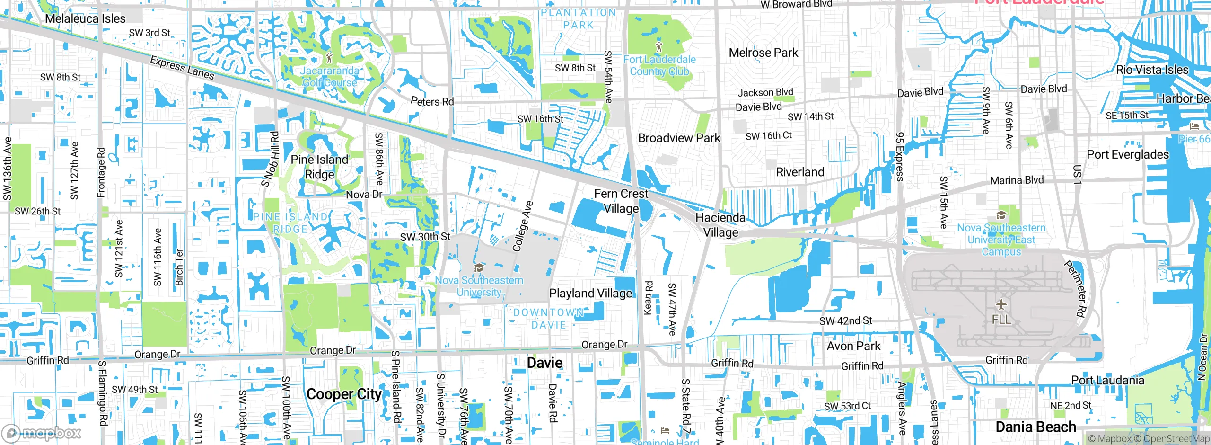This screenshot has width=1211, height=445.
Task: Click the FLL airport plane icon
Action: click(1001, 304)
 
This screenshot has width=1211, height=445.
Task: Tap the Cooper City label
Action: click(344, 394)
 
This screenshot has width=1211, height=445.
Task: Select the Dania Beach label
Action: click(1035, 427)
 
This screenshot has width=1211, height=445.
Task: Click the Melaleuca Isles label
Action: click(85, 18)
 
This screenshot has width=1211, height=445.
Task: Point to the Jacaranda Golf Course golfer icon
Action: click(330, 58)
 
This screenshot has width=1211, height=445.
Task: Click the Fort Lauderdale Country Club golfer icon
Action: click(659, 47)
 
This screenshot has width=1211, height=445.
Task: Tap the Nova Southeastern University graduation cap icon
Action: click(479, 268)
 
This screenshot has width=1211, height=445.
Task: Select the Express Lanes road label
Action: click(182, 68)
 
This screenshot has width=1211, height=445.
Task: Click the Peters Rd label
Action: click(432, 101)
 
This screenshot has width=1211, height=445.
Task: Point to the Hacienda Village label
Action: click(720, 225)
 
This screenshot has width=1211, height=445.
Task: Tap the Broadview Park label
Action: click(679, 138)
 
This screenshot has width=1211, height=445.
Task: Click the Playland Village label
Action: click(590, 294)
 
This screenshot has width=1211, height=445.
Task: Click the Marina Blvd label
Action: click(1017, 180)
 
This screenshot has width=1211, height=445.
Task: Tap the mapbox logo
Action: click(42, 433)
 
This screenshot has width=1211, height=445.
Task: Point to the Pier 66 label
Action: click(1193, 139)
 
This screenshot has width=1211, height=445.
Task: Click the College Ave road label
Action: click(523, 226)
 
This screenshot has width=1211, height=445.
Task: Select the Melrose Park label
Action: click(763, 53)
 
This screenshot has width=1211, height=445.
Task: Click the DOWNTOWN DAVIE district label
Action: click(548, 319)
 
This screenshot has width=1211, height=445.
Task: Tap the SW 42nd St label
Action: click(845, 320)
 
